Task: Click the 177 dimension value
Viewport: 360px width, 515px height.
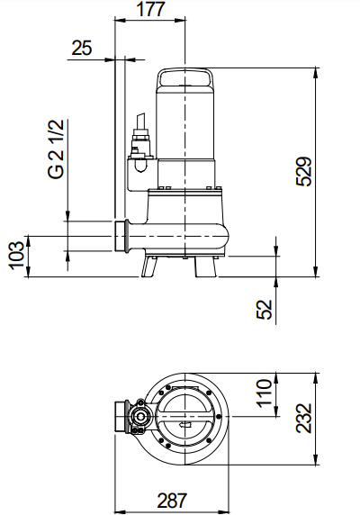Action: (x=150, y=9)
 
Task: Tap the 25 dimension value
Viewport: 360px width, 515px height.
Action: (x=82, y=48)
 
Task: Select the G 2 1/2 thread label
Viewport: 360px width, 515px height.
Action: (x=56, y=149)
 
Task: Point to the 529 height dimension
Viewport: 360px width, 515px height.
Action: (x=304, y=172)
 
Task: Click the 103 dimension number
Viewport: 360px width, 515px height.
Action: (x=16, y=256)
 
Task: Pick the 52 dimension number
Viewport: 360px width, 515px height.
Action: (x=265, y=310)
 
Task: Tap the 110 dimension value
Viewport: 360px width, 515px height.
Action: (x=265, y=393)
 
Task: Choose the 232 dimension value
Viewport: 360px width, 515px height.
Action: (x=304, y=418)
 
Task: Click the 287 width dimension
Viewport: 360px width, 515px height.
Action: (x=172, y=501)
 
